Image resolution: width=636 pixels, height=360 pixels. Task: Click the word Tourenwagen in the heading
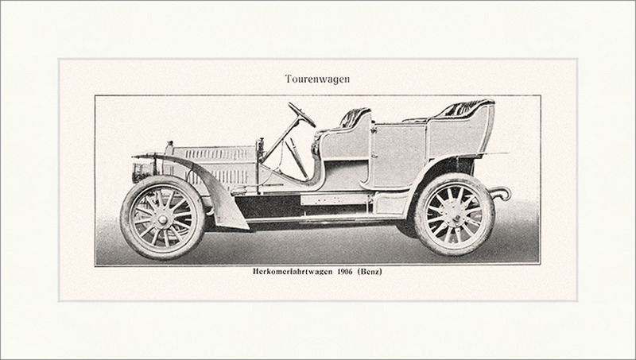pos(317,79)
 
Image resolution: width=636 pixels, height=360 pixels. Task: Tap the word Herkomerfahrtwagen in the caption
pos(292,272)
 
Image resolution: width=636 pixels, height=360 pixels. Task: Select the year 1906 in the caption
pos(345,272)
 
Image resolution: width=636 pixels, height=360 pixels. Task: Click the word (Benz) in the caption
pos(370,272)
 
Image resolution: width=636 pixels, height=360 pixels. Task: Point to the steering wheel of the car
pos(301,114)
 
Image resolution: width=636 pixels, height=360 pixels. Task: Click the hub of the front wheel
pos(163,219)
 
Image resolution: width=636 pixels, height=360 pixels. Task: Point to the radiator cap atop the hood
pos(169,145)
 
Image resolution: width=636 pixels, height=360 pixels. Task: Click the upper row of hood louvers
pos(215,153)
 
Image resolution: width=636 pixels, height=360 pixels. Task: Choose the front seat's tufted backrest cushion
pos(354,116)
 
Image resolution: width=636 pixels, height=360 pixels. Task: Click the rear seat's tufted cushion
pos(463,109)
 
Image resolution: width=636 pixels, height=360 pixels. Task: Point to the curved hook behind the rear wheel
pos(502,193)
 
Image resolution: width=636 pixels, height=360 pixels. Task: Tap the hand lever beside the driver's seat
pos(297,158)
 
